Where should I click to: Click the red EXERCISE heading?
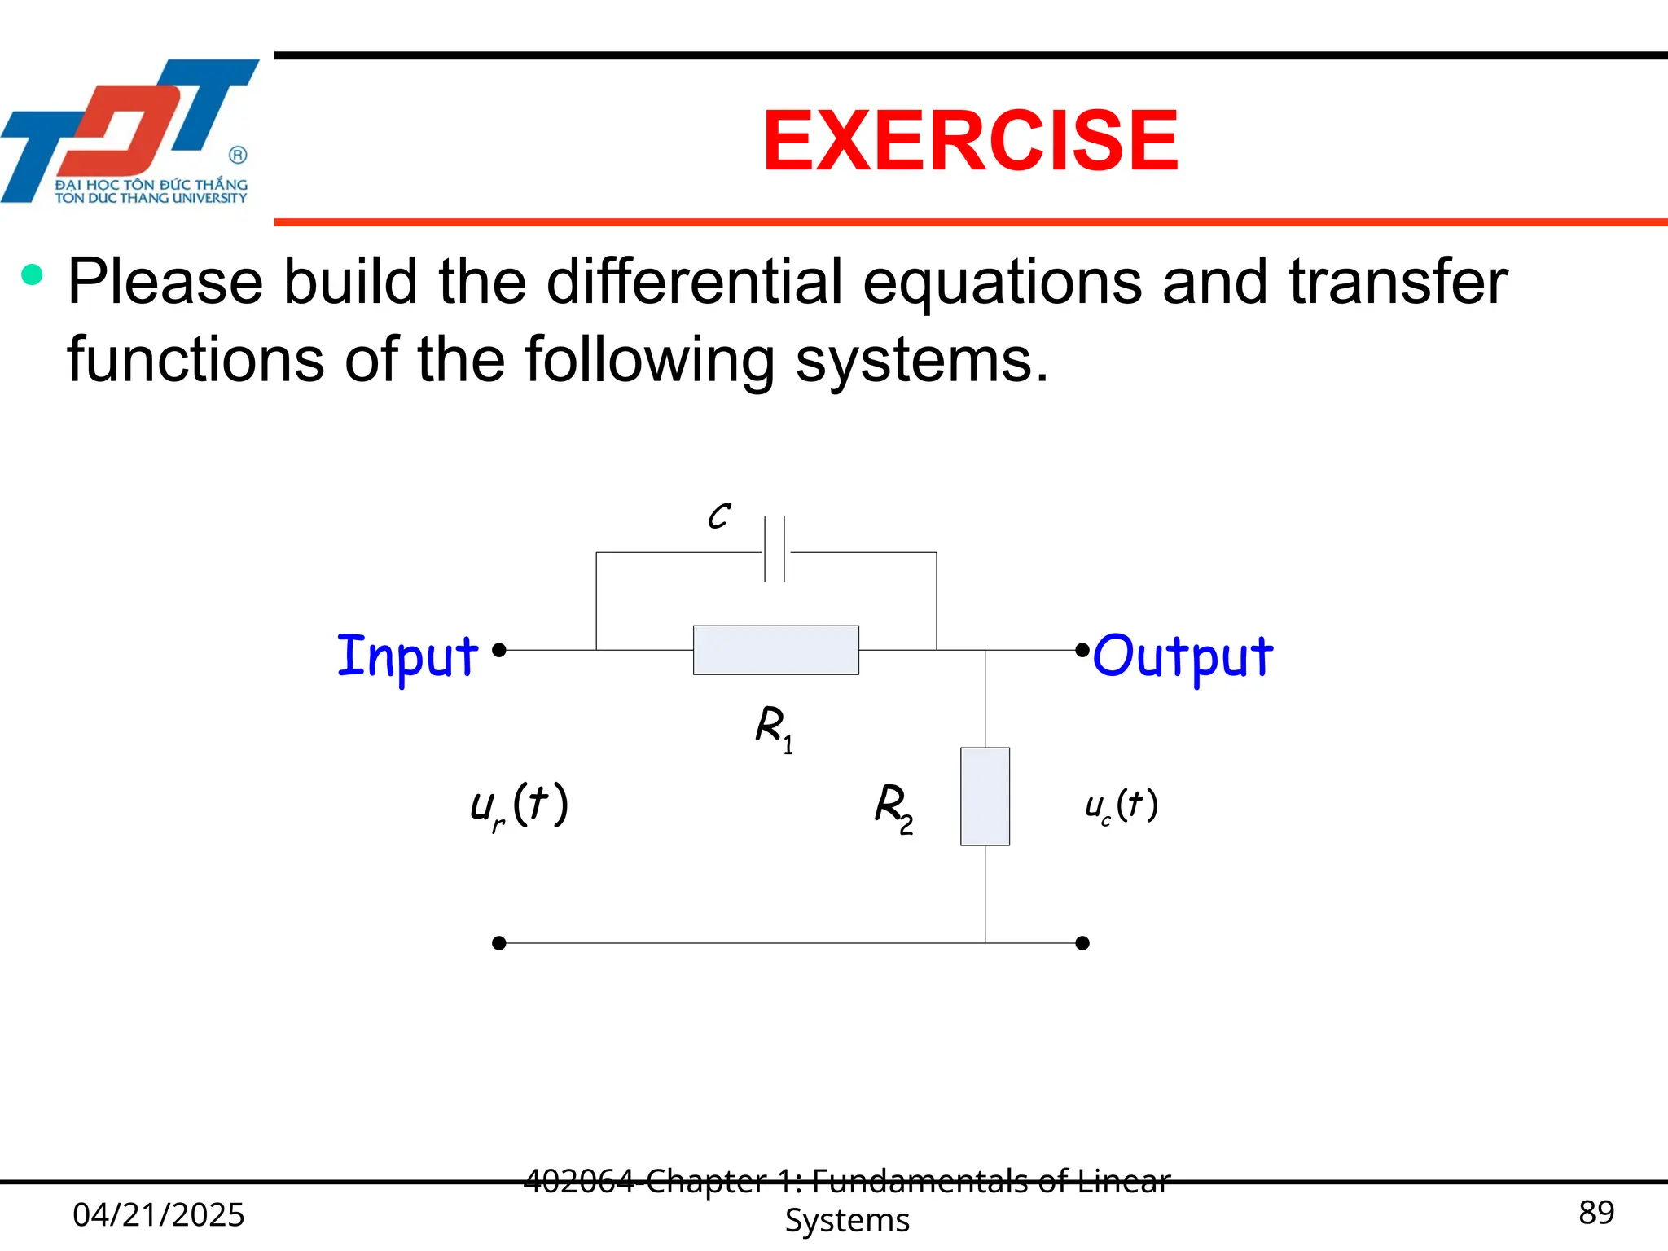(969, 141)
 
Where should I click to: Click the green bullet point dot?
(32, 274)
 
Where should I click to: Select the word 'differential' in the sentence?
(694, 281)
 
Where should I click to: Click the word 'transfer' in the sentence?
(1398, 281)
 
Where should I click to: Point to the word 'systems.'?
(921, 359)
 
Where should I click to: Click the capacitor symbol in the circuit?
(775, 550)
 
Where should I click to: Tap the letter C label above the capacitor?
(718, 516)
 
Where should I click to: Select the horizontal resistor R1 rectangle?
(775, 650)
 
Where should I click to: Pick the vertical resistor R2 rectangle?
(985, 796)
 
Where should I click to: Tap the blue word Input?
(407, 656)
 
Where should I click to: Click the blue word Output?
(1182, 656)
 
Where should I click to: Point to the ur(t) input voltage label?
(519, 805)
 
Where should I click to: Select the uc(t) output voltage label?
(1121, 805)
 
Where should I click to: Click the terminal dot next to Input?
(499, 650)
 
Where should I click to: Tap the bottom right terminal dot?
(1082, 943)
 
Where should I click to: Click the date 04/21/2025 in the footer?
(158, 1214)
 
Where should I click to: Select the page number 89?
(1596, 1213)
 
